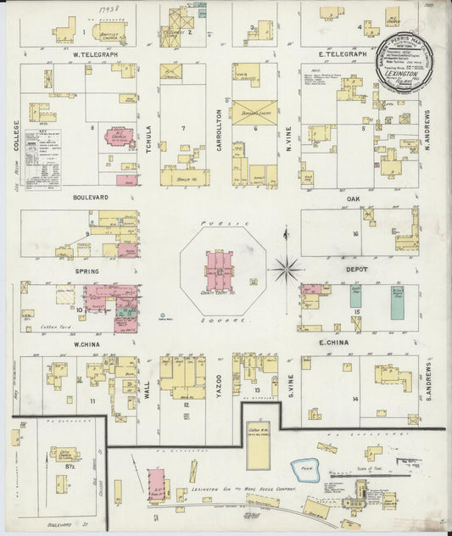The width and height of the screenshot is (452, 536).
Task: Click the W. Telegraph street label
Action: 94,54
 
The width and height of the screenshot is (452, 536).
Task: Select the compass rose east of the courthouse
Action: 287,270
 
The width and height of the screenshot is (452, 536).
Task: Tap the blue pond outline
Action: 304,470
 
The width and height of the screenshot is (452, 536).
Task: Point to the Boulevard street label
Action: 89,197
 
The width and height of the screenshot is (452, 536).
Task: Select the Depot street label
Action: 354,270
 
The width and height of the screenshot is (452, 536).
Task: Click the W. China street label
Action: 87,343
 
